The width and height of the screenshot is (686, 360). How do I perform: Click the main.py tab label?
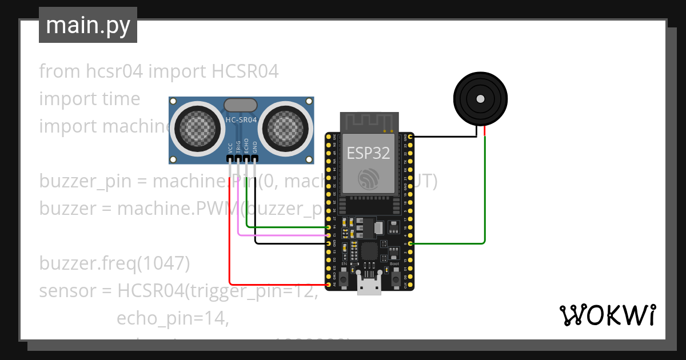pyautogui.click(x=87, y=25)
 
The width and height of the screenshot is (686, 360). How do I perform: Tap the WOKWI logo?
pyautogui.click(x=607, y=315)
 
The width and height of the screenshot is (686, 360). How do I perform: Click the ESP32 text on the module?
pyautogui.click(x=369, y=153)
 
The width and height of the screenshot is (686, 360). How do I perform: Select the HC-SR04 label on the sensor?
pyautogui.click(x=241, y=120)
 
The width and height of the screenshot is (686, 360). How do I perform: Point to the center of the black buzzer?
pyautogui.click(x=480, y=99)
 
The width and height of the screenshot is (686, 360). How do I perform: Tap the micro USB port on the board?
pyautogui.click(x=369, y=286)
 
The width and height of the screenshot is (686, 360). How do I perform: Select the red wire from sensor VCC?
pyautogui.click(x=230, y=240)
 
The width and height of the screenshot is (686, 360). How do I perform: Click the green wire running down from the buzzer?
pyautogui.click(x=485, y=189)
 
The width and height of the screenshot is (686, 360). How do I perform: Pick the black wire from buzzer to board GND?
pyautogui.click(x=446, y=137)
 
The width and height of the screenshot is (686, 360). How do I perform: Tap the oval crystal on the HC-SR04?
pyautogui.click(x=241, y=105)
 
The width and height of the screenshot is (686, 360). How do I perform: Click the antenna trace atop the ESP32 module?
pyautogui.click(x=369, y=121)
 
